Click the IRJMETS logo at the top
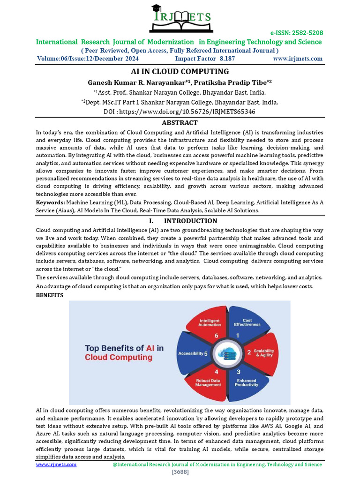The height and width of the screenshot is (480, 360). point(180,18)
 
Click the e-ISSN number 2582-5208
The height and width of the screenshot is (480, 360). point(296,33)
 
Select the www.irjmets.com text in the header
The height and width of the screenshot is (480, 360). point(298,59)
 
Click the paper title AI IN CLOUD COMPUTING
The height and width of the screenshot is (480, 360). point(180,72)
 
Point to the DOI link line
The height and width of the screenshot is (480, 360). point(180,112)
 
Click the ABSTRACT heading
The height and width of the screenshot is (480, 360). point(180,123)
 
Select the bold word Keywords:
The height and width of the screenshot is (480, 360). point(51,202)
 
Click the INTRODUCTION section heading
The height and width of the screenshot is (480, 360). point(190,221)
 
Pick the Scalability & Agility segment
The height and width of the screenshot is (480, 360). point(261,353)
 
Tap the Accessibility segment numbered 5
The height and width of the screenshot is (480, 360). point(193,353)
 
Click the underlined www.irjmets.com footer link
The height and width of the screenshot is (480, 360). point(56,464)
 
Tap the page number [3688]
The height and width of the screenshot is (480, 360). point(180,472)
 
